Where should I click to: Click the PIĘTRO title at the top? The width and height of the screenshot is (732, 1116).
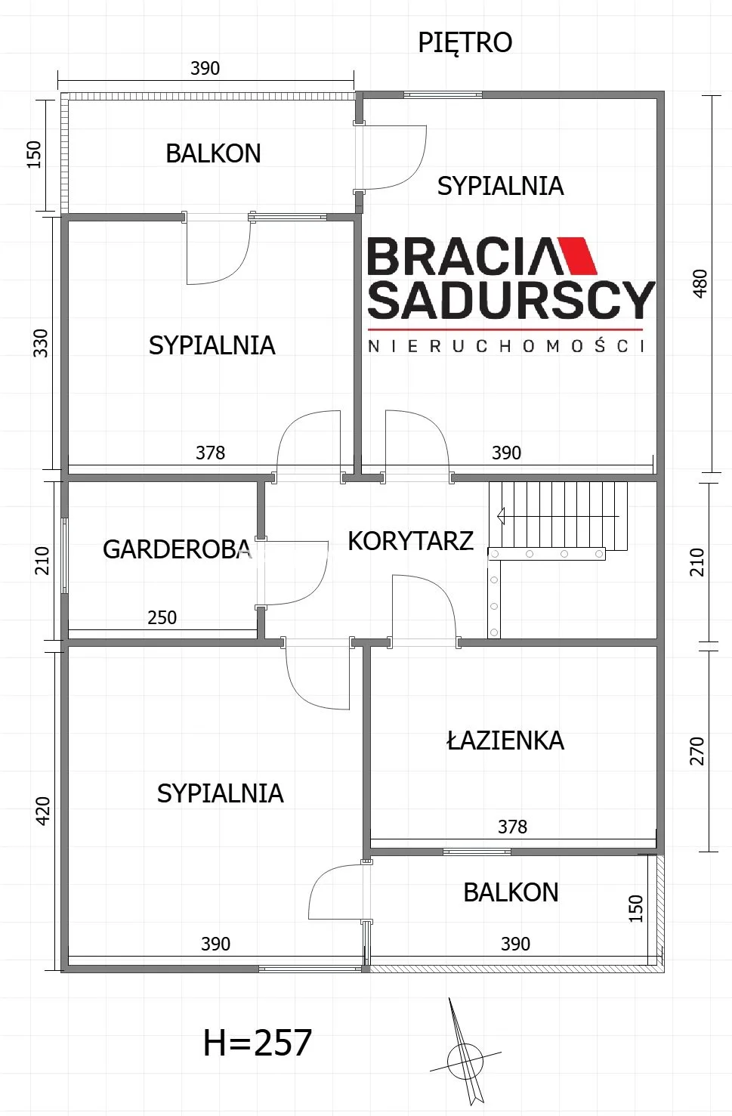[x=465, y=43]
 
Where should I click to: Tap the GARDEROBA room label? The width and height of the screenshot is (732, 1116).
[x=177, y=549]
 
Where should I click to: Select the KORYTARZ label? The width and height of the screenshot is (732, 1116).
[x=410, y=541]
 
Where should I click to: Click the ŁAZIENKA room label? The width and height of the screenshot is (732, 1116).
[x=505, y=740]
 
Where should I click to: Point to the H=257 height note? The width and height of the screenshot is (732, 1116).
[x=258, y=1043]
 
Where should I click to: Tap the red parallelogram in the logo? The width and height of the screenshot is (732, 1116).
[x=577, y=255]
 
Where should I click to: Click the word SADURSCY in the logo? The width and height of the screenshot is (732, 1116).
[x=511, y=300]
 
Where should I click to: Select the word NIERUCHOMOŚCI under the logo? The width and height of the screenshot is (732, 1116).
[x=507, y=345]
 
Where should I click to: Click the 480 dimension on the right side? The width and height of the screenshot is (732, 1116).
[x=700, y=283]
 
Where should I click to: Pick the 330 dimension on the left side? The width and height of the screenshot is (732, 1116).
[x=41, y=343]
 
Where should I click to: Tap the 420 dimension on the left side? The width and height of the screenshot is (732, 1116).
[x=43, y=811]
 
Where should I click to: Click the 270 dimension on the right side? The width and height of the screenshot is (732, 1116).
[x=697, y=751]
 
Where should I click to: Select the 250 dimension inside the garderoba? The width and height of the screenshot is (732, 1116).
[x=162, y=618]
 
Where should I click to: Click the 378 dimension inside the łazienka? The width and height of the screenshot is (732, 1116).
[x=512, y=827]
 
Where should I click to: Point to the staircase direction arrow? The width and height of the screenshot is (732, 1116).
[x=558, y=515]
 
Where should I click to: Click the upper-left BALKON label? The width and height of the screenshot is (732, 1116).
[x=213, y=153]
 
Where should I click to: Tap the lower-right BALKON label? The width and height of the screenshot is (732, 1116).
[x=511, y=892]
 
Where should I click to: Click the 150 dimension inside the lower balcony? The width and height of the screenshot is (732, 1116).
[x=636, y=908]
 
